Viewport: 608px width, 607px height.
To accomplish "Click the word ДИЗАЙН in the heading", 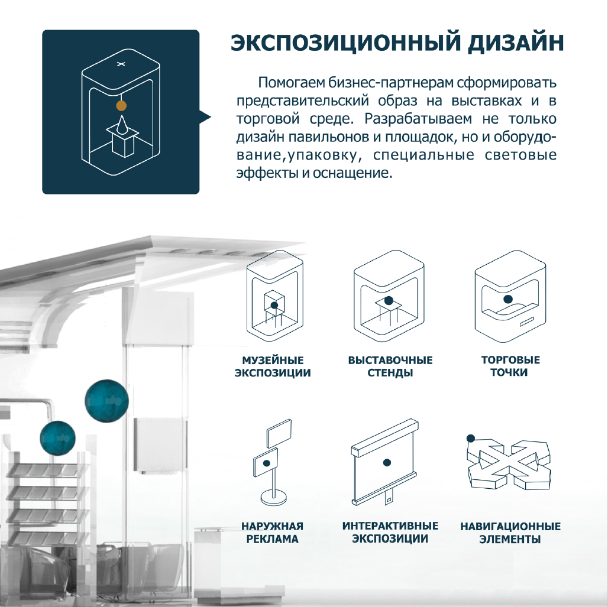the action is [515, 43].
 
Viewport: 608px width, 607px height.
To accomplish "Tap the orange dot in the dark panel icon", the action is [121, 105].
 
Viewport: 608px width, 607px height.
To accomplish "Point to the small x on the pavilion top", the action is [121, 64].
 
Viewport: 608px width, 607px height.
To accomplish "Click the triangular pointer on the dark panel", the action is [205, 116].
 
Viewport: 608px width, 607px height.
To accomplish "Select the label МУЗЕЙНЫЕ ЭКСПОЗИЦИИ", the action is [273, 366].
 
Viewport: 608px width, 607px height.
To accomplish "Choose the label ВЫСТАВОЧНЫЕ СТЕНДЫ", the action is [390, 366].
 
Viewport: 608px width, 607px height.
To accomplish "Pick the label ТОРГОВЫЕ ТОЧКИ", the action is [510, 366].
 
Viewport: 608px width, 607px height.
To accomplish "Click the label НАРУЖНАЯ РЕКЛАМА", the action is [272, 532].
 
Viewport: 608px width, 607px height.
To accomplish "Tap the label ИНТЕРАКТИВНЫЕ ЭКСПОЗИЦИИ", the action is [390, 532].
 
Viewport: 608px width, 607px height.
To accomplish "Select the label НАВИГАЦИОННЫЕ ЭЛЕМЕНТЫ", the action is [510, 533].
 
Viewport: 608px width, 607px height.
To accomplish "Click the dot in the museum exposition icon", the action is [274, 305].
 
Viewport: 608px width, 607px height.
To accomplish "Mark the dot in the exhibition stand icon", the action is [389, 300].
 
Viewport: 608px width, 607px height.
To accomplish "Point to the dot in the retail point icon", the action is [507, 299].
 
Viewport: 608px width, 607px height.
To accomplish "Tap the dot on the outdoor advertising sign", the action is [266, 463].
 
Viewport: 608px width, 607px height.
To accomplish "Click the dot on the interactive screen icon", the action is [387, 462].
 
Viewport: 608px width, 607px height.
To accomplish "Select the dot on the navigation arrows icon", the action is [471, 439].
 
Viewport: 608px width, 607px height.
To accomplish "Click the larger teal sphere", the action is [106, 400].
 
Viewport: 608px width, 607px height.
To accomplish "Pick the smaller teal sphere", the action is [57, 439].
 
